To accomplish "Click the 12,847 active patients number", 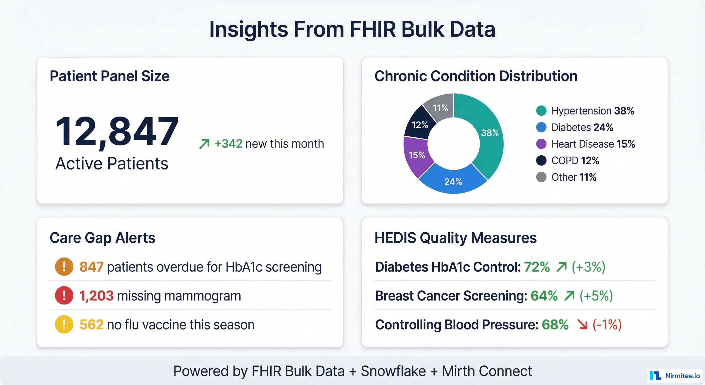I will tap(117, 131).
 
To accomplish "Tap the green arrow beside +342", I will tap(204, 144).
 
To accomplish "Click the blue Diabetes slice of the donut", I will tap(453, 181).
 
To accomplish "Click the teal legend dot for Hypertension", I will tap(541, 111).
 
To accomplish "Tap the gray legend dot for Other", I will tap(541, 177).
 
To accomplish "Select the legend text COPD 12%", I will tap(575, 161).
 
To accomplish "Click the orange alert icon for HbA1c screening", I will tap(64, 267).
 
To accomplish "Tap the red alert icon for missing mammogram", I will tap(64, 296).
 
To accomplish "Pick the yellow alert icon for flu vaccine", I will tap(64, 324).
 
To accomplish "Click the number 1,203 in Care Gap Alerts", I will tap(96, 296).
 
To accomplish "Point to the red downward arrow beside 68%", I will tap(582, 325).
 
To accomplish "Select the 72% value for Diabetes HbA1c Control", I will tap(537, 267).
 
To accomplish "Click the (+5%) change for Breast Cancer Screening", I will tap(596, 296).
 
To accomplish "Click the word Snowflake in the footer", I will tap(393, 371).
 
